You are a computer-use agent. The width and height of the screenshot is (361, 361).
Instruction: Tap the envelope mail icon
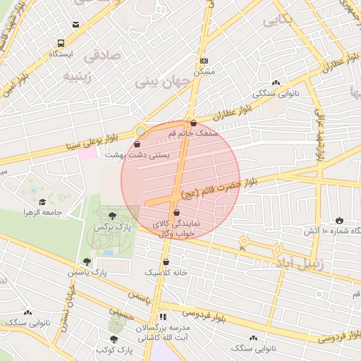[75, 25]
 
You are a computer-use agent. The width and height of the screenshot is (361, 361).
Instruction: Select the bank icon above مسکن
[204, 61]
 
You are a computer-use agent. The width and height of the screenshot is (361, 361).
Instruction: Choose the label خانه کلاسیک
[163, 271]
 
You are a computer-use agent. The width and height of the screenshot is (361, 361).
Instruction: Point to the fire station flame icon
[340, 220]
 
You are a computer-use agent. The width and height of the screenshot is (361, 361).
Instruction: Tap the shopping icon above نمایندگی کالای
[176, 212]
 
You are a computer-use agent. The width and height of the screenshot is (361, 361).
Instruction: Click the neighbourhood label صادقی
[101, 55]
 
